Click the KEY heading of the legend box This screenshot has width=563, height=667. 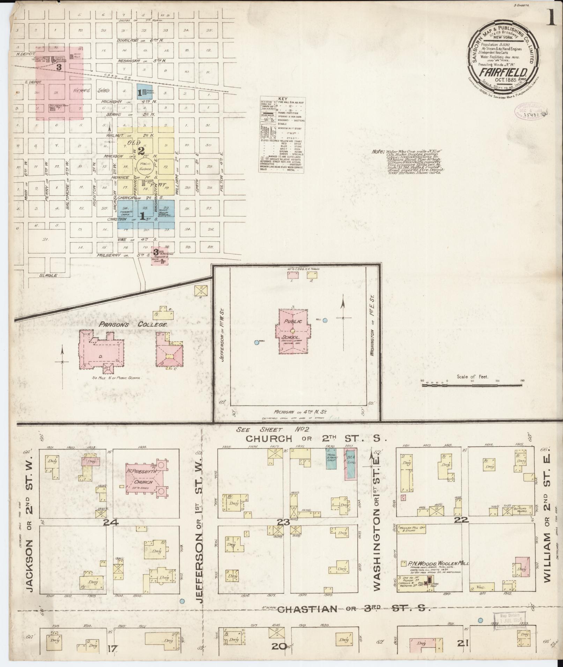pos(282,99)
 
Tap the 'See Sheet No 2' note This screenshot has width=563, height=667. pos(275,430)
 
